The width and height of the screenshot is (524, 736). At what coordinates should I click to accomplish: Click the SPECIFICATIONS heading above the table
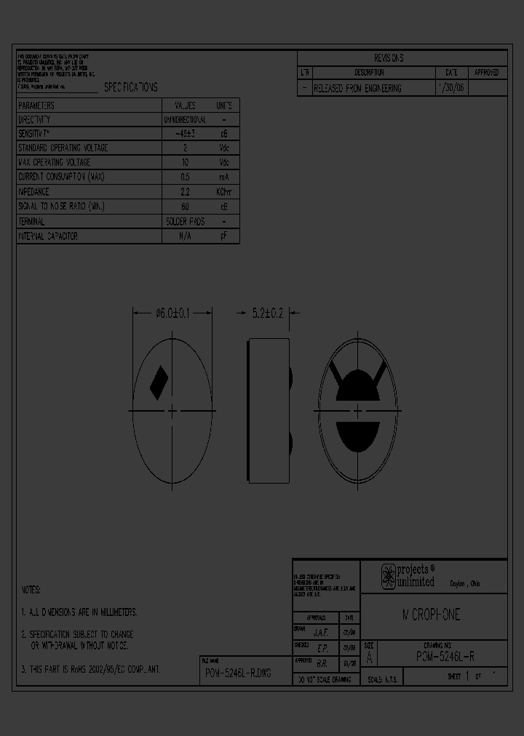tap(130, 87)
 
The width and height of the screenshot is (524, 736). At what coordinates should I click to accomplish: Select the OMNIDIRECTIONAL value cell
tap(185, 119)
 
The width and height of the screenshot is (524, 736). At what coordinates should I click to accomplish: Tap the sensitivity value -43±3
tap(185, 134)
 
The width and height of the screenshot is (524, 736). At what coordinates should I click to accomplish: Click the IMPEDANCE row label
tap(33, 192)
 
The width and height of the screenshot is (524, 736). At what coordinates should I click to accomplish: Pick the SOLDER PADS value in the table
tap(185, 221)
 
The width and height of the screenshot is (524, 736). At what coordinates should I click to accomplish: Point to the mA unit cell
tap(223, 177)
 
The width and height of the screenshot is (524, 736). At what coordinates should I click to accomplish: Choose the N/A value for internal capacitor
tap(185, 236)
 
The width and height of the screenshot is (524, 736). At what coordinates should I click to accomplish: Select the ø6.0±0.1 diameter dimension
tap(172, 313)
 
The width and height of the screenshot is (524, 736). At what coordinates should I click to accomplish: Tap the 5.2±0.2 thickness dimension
tap(268, 313)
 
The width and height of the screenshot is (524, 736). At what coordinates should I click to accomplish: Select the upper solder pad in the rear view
tap(358, 385)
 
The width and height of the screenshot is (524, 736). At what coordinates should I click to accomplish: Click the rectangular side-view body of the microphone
tap(268, 411)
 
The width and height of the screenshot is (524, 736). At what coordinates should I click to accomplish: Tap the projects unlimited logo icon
tap(389, 576)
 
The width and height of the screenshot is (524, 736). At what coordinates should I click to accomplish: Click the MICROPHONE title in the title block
tap(432, 615)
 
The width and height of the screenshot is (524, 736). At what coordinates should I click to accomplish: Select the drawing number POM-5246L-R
tap(445, 655)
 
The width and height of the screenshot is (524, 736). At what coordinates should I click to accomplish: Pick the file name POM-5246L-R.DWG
tap(238, 673)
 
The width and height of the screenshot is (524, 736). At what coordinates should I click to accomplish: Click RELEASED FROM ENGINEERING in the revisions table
tap(357, 88)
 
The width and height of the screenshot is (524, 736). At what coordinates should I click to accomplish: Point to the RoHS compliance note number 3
tap(91, 668)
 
